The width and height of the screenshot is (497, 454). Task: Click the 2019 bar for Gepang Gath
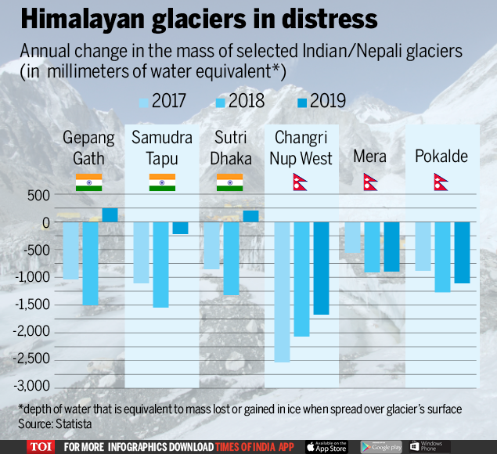pos(110,214)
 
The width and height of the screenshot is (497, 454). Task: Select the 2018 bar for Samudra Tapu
pos(160,265)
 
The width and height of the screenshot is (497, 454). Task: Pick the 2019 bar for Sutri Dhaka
pos(250,216)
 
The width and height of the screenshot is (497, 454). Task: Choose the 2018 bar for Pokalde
pos(442,257)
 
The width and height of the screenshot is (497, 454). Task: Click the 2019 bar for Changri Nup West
pos(321,268)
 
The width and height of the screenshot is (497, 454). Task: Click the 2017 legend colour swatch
pos(142,101)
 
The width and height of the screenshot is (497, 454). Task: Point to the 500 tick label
pos(37,195)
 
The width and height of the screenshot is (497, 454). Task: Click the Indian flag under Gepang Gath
pos(89,182)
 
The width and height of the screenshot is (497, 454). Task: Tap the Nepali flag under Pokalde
pos(441,182)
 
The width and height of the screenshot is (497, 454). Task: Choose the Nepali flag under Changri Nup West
pos(300,183)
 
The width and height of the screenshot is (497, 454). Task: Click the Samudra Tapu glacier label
pos(161,148)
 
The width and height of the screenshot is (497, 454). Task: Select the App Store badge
pos(326,446)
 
